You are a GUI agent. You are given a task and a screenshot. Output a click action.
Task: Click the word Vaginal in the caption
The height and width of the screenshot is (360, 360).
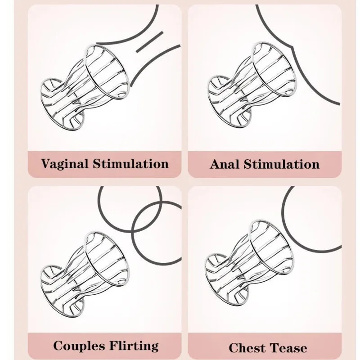pyautogui.click(x=64, y=163)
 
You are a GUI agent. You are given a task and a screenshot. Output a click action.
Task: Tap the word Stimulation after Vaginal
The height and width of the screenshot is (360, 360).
pyautogui.click(x=130, y=163)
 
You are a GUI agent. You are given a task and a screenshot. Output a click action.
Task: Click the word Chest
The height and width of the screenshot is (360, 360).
pyautogui.click(x=247, y=348)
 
